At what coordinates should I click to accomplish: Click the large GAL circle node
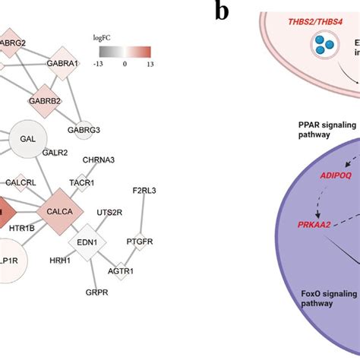(x=28, y=141)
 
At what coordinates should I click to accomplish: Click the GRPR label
(x=96, y=292)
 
